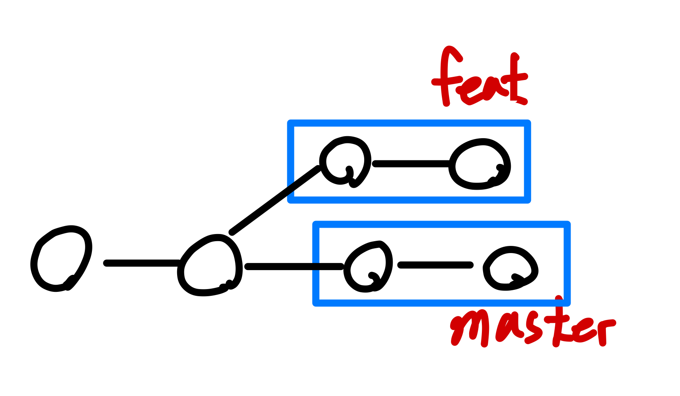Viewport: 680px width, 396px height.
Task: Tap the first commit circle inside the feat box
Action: click(346, 161)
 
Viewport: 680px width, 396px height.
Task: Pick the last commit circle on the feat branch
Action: click(480, 164)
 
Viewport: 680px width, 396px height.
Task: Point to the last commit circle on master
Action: click(510, 268)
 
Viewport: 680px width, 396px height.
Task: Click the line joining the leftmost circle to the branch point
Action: click(143, 263)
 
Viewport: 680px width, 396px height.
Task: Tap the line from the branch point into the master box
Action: click(293, 267)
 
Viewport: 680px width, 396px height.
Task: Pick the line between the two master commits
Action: click(435, 265)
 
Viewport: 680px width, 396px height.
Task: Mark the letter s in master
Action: click(533, 329)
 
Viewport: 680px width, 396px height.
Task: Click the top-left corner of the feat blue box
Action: click(290, 123)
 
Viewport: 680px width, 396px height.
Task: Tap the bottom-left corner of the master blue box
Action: click(316, 303)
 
